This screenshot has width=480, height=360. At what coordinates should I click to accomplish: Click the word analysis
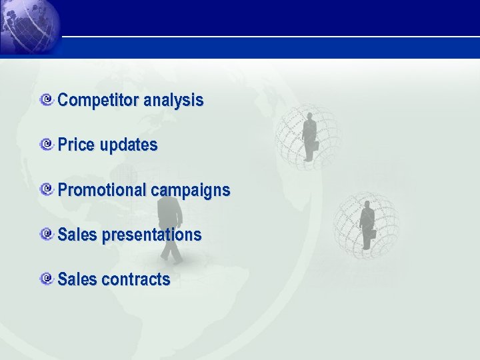pyautogui.click(x=173, y=101)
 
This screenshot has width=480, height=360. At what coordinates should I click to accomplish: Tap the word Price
pyautogui.click(x=77, y=145)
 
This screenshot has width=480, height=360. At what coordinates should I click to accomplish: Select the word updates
pyautogui.click(x=129, y=145)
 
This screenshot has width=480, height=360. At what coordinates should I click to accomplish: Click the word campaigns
pyautogui.click(x=191, y=190)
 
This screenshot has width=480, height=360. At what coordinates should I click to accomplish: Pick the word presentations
pyautogui.click(x=151, y=235)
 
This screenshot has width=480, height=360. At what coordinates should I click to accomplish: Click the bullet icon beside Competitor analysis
pyautogui.click(x=47, y=100)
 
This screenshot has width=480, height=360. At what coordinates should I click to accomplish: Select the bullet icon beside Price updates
pyautogui.click(x=47, y=145)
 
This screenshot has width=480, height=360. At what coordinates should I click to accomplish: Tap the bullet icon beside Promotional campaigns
pyautogui.click(x=47, y=189)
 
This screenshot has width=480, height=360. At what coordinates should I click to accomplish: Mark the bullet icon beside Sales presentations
pyautogui.click(x=47, y=234)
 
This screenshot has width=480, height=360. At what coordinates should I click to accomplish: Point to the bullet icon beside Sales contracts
pyautogui.click(x=47, y=279)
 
